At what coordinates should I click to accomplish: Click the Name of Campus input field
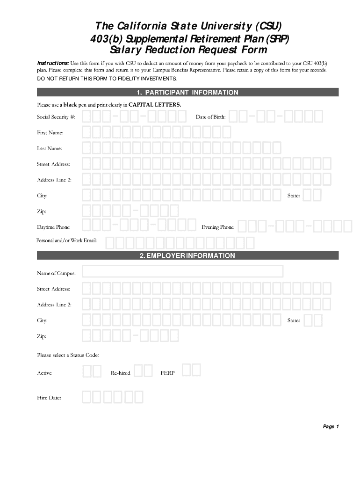click(x=183, y=272)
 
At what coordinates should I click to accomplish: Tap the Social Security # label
click(x=56, y=116)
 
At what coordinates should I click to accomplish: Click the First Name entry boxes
click(x=157, y=132)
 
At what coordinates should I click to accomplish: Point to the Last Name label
click(x=49, y=148)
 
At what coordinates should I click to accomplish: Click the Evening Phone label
click(x=218, y=227)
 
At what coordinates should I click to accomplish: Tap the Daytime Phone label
click(x=54, y=227)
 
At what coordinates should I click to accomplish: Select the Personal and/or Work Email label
click(x=66, y=240)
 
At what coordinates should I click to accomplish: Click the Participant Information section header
click(x=188, y=93)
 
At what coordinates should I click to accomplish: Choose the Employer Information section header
click(x=188, y=256)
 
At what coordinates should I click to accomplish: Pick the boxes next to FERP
click(x=191, y=370)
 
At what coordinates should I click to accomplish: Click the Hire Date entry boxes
click(x=113, y=397)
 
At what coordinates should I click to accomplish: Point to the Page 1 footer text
click(x=331, y=427)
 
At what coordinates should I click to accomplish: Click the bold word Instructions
click(x=53, y=63)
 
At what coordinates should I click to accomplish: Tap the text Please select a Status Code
click(x=68, y=355)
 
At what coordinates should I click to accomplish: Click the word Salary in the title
click(x=125, y=50)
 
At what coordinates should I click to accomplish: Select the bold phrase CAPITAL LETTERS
click(x=155, y=104)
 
